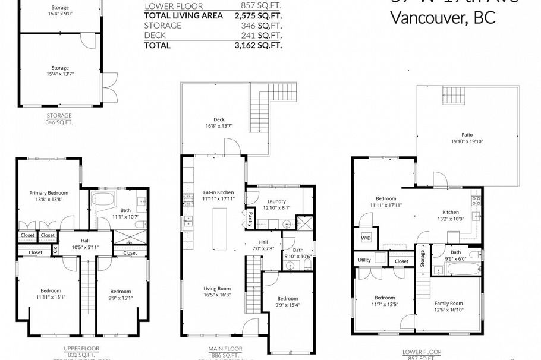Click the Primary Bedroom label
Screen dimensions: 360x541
(49, 193)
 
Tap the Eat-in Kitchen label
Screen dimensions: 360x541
(218, 192)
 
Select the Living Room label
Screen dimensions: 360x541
(218, 288)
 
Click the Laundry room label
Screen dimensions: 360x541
(277, 201)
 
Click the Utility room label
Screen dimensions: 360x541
(364, 260)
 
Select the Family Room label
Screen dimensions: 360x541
(448, 303)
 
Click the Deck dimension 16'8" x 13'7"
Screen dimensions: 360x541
(219, 126)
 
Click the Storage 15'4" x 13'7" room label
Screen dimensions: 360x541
(60, 71)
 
